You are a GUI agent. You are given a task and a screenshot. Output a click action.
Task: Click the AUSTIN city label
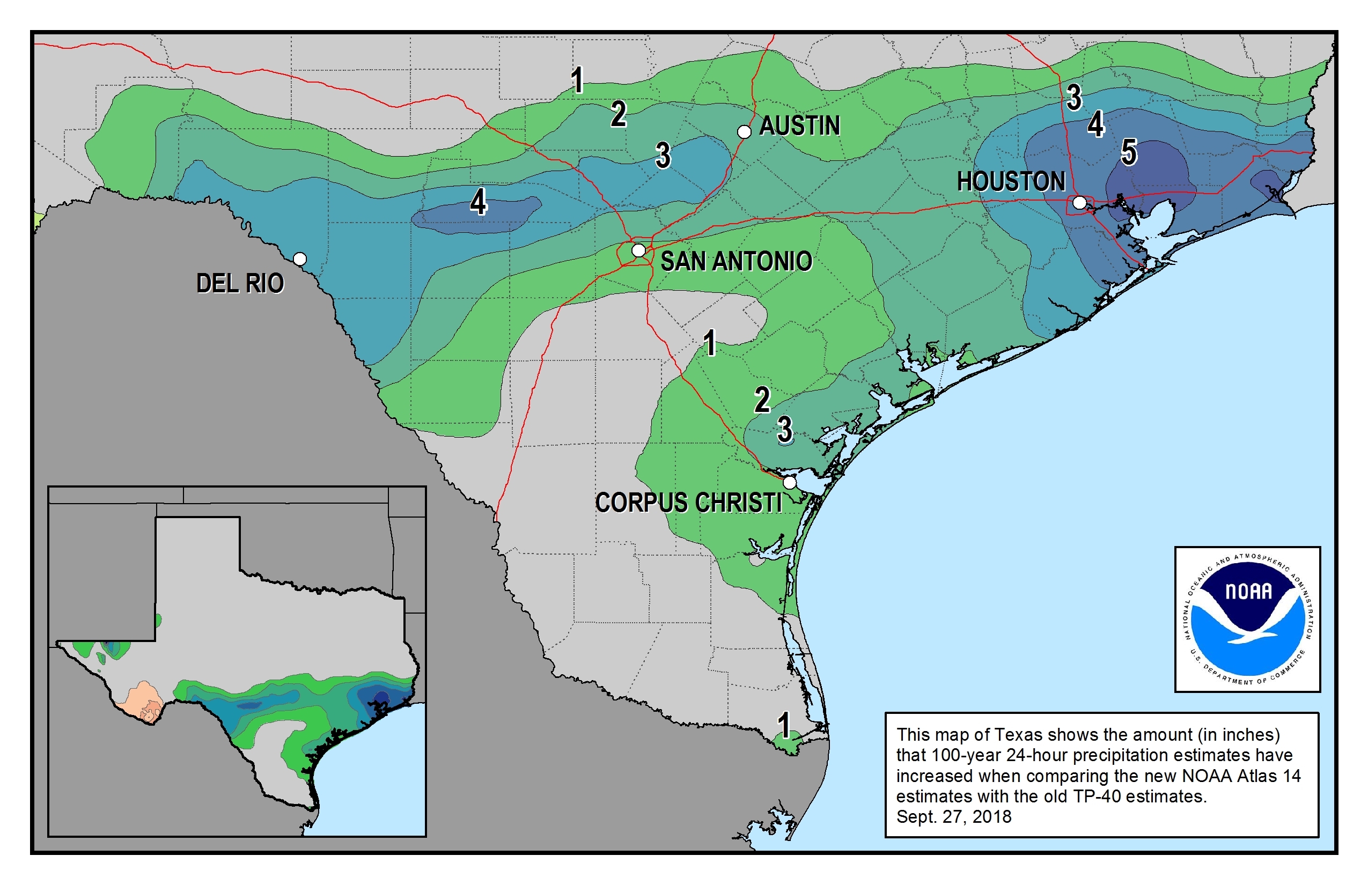(x=799, y=126)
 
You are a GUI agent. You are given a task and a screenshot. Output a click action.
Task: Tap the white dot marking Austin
(x=744, y=131)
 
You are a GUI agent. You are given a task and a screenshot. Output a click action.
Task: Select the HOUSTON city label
(x=1011, y=182)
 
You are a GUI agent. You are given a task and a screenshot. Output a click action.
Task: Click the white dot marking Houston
(x=1079, y=202)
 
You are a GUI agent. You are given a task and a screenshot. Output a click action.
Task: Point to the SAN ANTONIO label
(x=736, y=262)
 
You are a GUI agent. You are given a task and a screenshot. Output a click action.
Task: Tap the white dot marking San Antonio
(x=638, y=250)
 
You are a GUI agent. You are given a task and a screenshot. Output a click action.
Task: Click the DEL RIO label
(x=240, y=283)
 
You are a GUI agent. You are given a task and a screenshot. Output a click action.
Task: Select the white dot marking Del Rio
(x=299, y=259)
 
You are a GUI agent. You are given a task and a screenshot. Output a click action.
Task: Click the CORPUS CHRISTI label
(x=688, y=503)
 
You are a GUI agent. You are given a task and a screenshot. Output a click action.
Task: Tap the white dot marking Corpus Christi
(x=790, y=483)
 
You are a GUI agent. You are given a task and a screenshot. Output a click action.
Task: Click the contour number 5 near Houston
(x=1129, y=153)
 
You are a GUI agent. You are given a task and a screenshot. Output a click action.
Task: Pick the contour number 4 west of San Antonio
(x=478, y=202)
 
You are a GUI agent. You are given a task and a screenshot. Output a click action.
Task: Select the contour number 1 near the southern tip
(x=783, y=725)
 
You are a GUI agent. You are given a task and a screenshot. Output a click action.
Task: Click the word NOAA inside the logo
(x=1248, y=591)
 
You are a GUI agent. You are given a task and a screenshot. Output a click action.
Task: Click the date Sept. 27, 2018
(x=954, y=816)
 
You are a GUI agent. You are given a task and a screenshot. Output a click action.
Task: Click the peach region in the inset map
(x=139, y=700)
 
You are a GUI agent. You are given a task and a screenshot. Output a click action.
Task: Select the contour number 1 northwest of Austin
(x=577, y=80)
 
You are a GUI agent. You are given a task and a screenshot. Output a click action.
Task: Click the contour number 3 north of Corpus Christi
(x=784, y=429)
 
